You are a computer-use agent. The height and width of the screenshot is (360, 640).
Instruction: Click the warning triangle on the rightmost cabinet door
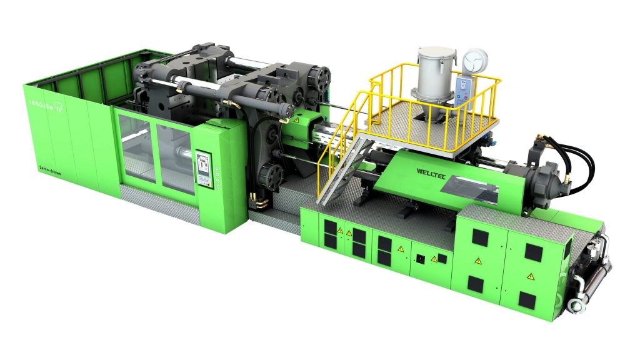(x=529, y=276)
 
